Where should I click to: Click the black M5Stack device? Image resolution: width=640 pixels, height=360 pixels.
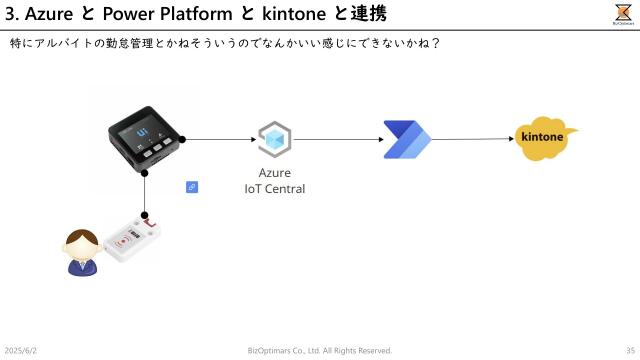[x=144, y=140]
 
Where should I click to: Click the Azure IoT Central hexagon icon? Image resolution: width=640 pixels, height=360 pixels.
[x=274, y=139]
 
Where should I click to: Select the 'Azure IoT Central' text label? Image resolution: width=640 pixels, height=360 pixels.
[x=274, y=181]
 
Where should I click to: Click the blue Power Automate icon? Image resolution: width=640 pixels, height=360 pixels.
[x=404, y=139]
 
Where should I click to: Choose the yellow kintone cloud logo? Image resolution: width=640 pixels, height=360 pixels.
[x=545, y=138]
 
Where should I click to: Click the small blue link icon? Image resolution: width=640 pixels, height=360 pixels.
[x=192, y=186]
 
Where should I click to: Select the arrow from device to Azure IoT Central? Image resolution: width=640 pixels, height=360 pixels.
[x=220, y=140]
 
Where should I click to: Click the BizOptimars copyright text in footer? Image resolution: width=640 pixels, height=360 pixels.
[x=320, y=350]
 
